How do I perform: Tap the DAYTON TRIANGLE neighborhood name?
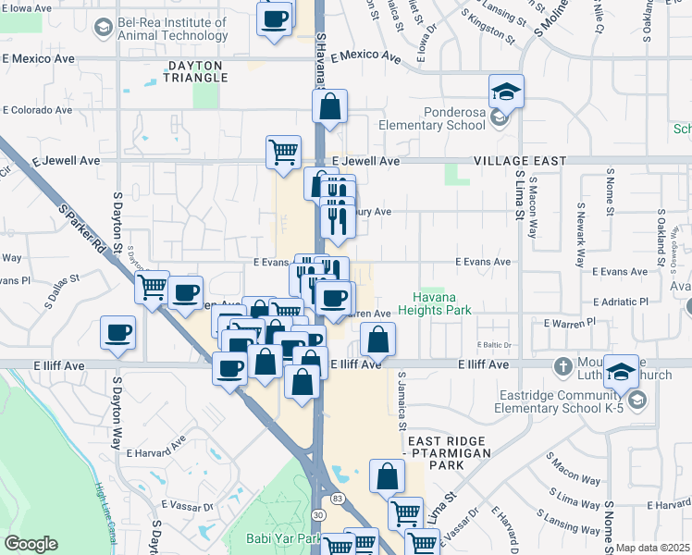point(195,71)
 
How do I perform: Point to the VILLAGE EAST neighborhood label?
point(519,160)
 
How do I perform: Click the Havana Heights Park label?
point(442,303)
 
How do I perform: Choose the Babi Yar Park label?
point(282,537)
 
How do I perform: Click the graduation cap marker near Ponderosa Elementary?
point(506,92)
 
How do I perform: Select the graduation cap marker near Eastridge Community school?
point(621,371)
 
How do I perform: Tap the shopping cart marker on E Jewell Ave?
point(283,151)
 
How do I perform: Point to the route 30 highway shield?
point(319,514)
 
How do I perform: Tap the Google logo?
point(31,544)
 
